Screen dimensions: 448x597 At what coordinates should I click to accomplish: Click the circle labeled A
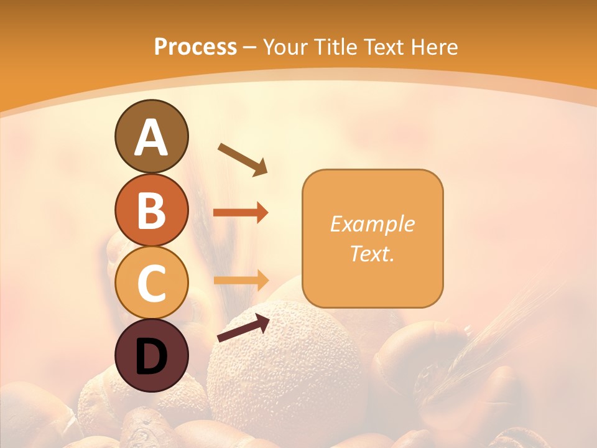(151, 136)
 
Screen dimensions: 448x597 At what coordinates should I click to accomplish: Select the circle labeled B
(151, 210)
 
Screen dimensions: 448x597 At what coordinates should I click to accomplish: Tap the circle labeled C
(151, 283)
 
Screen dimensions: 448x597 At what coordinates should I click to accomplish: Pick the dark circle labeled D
(151, 356)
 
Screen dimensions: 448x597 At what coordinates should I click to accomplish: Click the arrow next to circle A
(243, 159)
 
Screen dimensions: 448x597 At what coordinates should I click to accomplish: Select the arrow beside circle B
(241, 213)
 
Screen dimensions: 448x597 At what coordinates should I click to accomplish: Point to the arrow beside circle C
(241, 279)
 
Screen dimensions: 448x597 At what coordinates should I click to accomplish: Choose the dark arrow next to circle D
(243, 328)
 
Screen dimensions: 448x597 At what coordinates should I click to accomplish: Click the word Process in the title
(195, 47)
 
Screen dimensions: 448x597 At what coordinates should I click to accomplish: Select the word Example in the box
(373, 224)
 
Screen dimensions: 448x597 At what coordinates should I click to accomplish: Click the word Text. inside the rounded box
(373, 253)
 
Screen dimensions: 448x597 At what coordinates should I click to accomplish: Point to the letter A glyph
(151, 138)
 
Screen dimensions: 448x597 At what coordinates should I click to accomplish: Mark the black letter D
(151, 357)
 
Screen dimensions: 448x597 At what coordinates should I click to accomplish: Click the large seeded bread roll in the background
(286, 367)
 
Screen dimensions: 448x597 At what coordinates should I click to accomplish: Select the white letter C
(151, 284)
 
